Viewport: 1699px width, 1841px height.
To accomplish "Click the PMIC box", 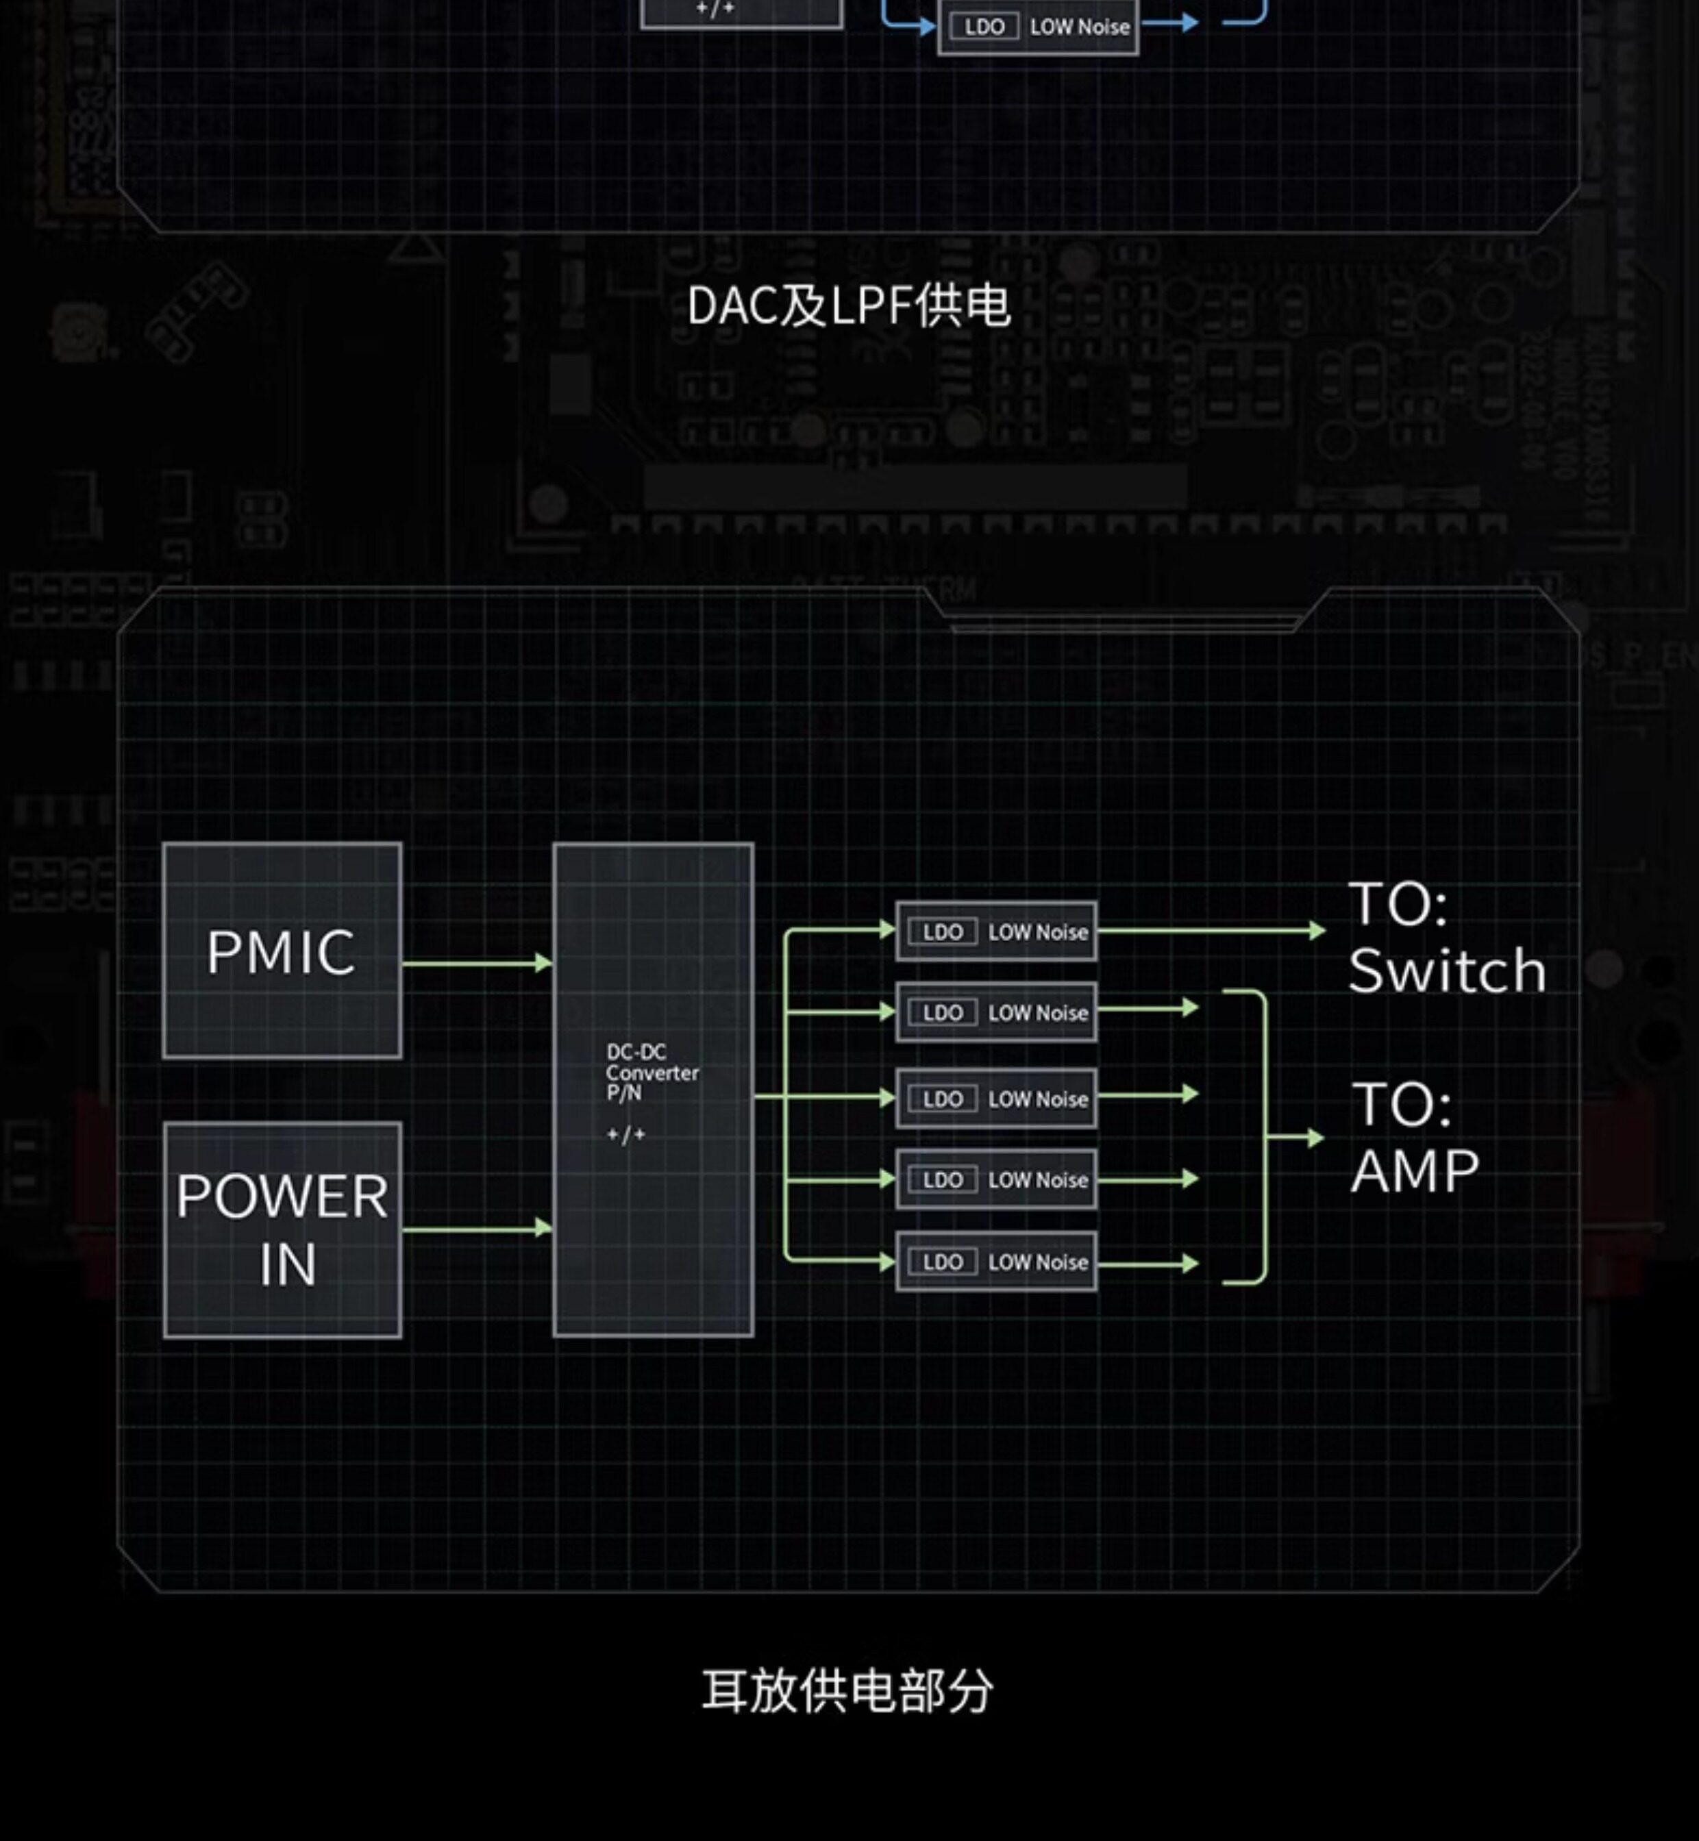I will click(282, 951).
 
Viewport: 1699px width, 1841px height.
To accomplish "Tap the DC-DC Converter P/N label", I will click(652, 1072).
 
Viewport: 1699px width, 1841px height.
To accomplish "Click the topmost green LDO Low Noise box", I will click(995, 931).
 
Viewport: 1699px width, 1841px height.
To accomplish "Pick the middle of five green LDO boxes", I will click(995, 1099).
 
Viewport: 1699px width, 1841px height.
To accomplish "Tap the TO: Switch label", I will click(1446, 938).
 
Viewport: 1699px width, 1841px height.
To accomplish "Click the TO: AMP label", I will click(1414, 1137).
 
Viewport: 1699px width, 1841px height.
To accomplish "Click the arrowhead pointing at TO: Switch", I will click(1317, 931).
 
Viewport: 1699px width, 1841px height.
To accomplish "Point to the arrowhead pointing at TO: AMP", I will click(1315, 1138).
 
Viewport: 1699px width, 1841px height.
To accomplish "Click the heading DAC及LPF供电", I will click(847, 305).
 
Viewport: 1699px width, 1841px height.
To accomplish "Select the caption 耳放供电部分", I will click(847, 1691).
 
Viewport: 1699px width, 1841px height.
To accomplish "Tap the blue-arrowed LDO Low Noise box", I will click(1038, 27).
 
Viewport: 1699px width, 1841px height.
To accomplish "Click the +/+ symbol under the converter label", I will click(626, 1135).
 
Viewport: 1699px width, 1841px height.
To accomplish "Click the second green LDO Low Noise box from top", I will click(995, 1012).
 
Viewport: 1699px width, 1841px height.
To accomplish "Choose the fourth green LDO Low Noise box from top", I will click(995, 1179).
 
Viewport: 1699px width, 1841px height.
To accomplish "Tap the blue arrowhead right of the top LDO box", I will click(1190, 22).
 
